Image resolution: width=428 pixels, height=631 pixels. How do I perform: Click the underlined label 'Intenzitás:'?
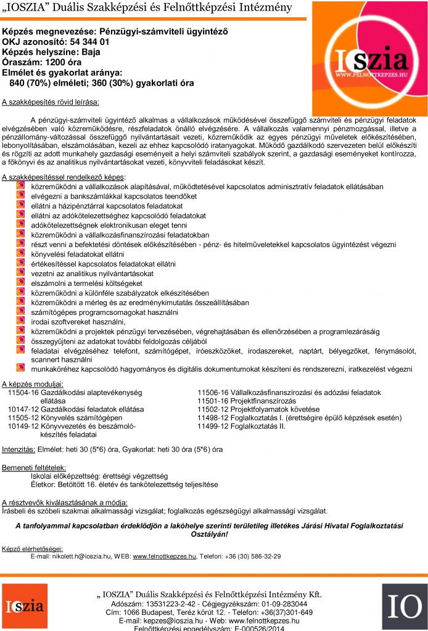pos(19,449)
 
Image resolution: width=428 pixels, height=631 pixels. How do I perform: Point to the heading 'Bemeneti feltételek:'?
pos(34,468)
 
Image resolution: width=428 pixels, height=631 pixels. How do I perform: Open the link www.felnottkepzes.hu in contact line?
pos(164,556)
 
